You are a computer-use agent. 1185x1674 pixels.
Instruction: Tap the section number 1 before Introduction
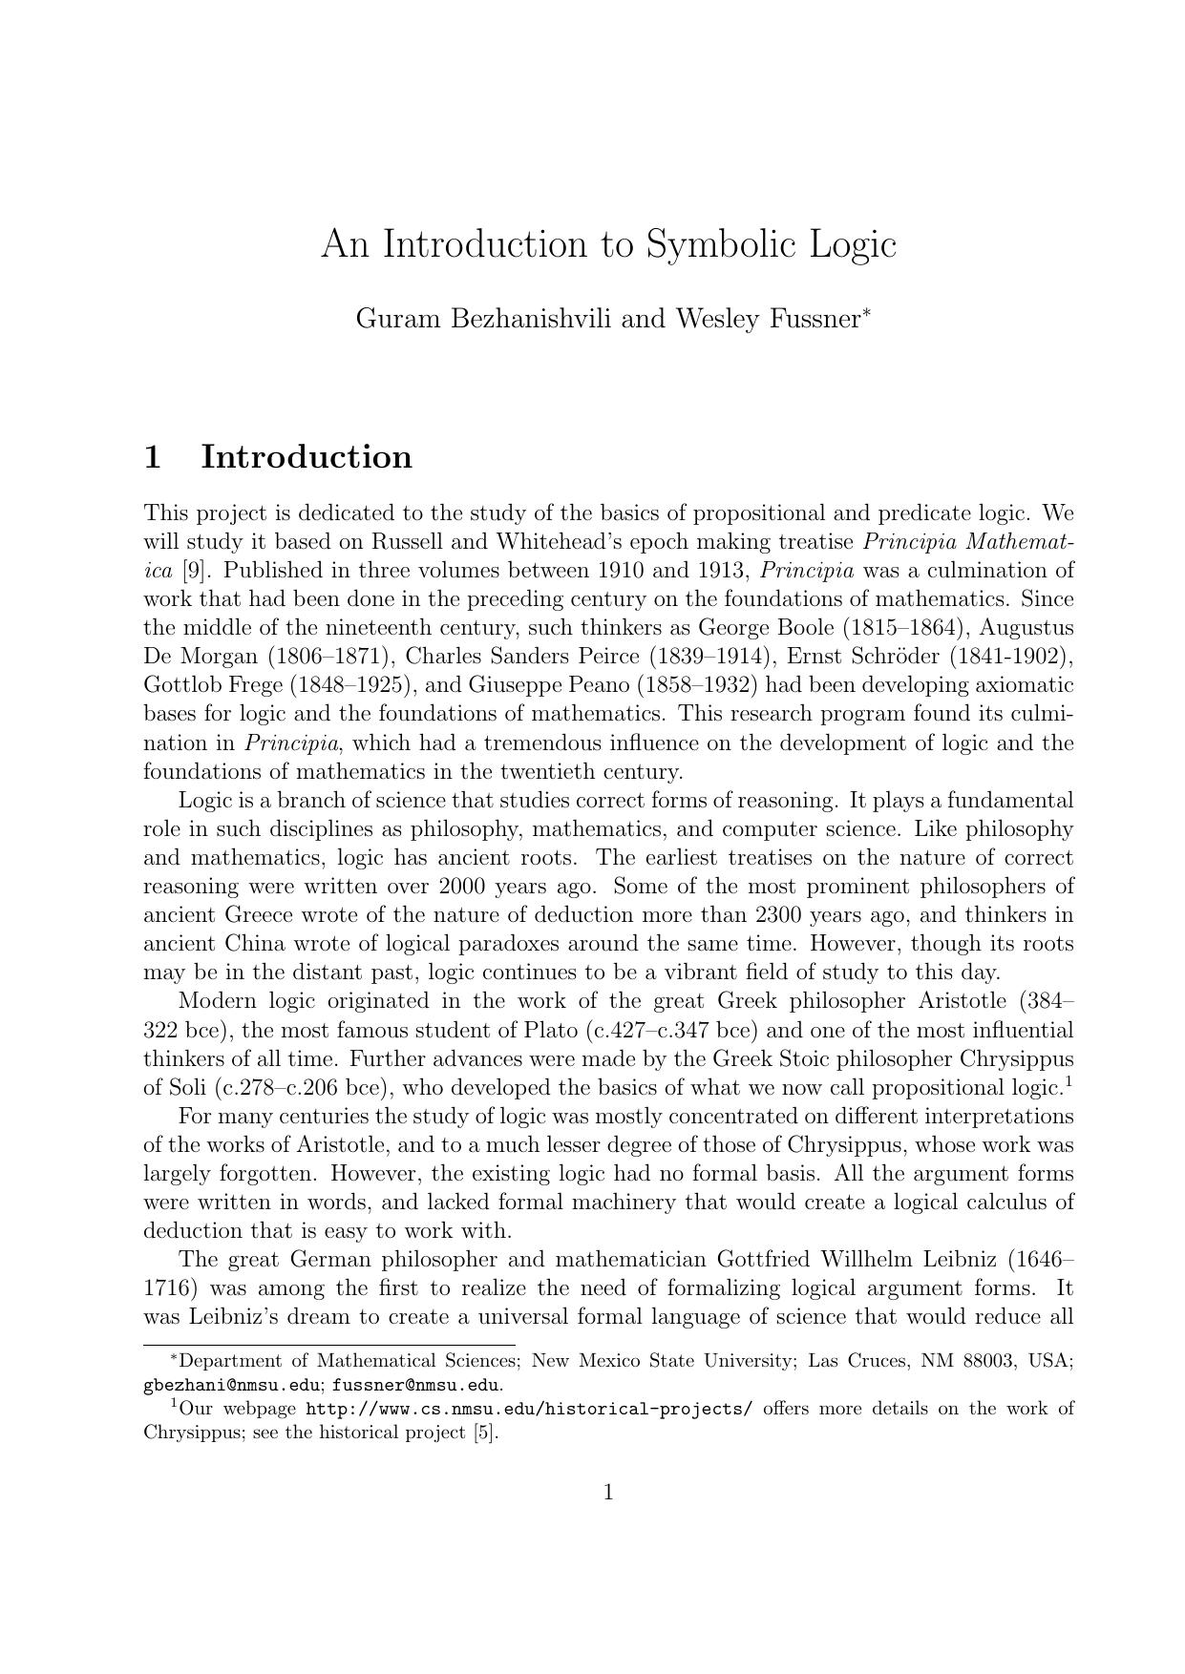(152, 457)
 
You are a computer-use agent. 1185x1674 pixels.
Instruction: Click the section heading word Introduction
(307, 457)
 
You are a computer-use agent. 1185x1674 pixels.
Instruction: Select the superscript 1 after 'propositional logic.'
(1069, 1081)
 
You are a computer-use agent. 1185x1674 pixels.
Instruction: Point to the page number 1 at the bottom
(608, 1493)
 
